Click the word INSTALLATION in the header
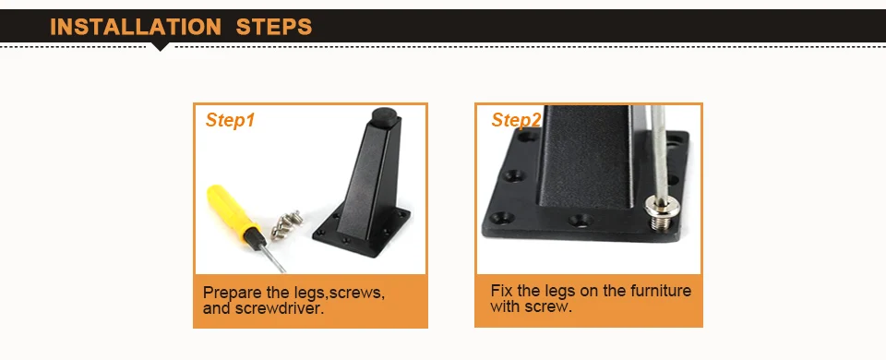[136, 27]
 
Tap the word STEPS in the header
[274, 27]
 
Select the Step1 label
[230, 120]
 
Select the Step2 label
[516, 120]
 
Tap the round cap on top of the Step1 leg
[383, 115]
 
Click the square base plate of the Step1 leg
[362, 232]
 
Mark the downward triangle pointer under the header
[161, 46]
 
